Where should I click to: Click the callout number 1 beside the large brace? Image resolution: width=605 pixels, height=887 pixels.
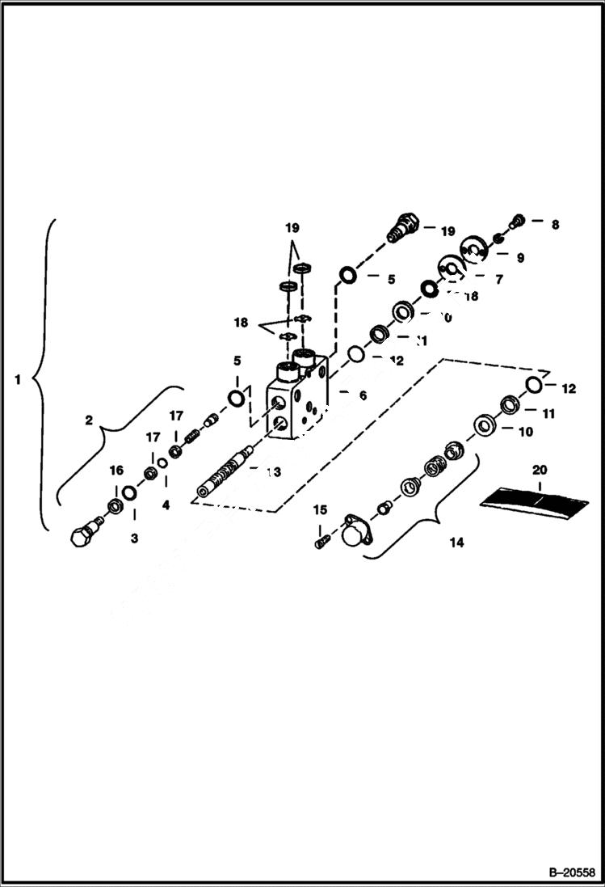19,378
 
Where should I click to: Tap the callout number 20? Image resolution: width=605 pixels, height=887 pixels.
539,468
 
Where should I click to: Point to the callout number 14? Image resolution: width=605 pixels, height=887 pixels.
457,543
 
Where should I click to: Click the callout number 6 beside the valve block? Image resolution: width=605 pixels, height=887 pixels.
363,395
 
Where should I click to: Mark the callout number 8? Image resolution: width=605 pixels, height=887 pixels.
555,225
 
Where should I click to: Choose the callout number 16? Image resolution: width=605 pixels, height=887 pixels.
116,470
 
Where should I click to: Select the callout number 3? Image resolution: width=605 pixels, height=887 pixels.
134,537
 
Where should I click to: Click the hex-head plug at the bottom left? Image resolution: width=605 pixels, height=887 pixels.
84,537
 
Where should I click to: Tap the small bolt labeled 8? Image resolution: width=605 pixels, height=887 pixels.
519,220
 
